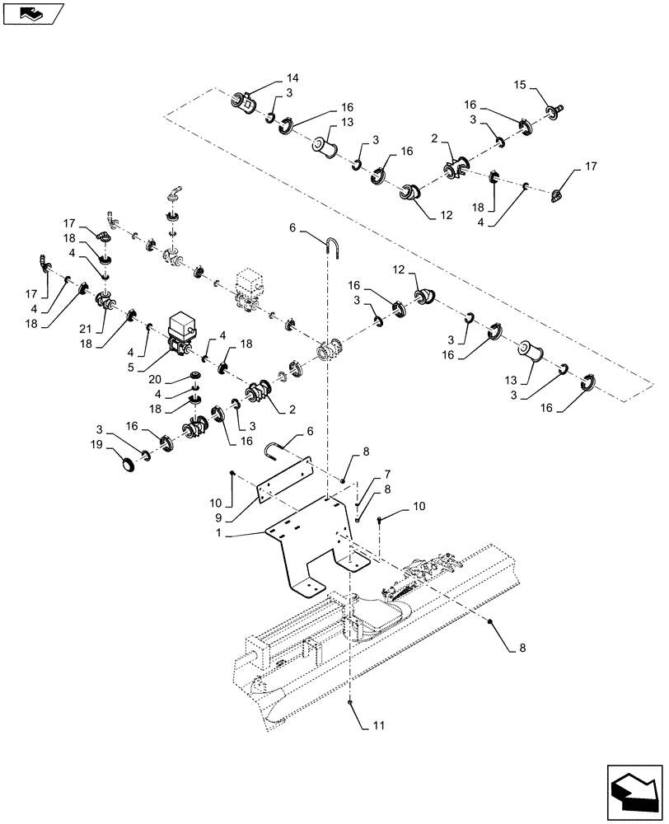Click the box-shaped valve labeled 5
(x=180, y=330)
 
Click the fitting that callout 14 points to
(x=242, y=102)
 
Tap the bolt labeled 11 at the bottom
(x=351, y=703)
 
